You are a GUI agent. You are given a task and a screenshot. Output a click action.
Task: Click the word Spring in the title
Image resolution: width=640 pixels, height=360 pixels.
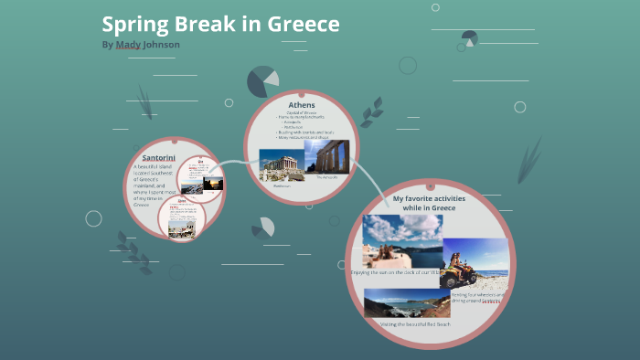133,25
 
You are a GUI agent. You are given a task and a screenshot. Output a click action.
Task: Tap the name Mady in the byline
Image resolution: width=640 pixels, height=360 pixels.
128,45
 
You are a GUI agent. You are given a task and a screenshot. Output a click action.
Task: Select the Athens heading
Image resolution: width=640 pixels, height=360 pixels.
301,105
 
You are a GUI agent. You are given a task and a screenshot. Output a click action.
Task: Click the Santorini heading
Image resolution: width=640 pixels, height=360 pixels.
158,158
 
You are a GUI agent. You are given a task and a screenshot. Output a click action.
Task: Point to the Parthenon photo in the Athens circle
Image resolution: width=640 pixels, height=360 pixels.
281,164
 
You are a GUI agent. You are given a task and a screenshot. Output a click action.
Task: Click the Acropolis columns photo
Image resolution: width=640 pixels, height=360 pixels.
325,156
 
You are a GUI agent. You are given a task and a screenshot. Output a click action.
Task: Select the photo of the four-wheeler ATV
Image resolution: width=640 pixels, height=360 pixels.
475,263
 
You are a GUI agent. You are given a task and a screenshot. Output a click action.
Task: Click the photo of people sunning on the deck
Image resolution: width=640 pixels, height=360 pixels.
402,240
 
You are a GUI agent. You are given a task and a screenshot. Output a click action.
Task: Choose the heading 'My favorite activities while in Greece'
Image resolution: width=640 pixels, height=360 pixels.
424,202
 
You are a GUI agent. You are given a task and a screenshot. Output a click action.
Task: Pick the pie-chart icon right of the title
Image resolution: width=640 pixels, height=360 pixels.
469,38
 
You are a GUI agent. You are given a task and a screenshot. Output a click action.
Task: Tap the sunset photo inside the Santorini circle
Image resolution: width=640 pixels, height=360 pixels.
211,184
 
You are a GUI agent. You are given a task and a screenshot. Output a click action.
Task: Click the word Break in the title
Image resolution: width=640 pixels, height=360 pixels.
203,25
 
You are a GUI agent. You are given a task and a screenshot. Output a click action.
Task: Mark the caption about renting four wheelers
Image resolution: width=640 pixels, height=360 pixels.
477,297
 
